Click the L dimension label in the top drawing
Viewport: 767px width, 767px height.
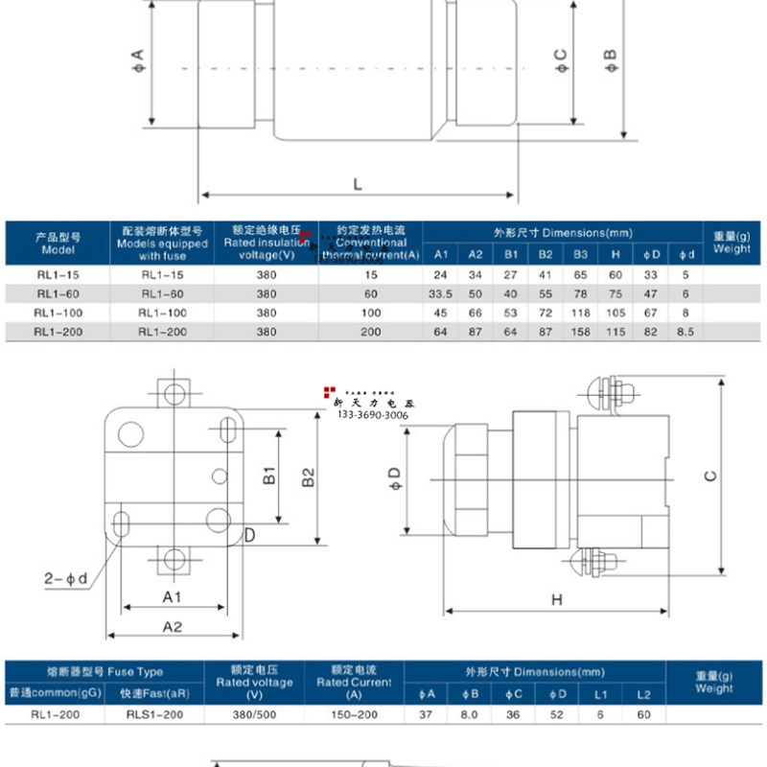(357, 182)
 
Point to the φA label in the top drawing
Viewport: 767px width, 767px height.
(137, 64)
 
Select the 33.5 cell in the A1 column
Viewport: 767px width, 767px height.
(441, 294)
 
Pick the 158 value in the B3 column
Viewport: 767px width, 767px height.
(580, 333)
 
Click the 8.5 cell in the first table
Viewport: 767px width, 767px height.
(686, 333)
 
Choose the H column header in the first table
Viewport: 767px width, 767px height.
(615, 255)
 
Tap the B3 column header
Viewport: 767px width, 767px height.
(580, 255)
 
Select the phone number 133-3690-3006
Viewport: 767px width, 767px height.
(372, 416)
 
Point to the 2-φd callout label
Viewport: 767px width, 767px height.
(65, 578)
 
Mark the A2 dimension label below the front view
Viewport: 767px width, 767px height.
(174, 627)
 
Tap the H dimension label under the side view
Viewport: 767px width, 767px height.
(556, 599)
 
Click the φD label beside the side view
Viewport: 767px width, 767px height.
(392, 478)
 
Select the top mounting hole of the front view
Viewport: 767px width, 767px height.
(174, 393)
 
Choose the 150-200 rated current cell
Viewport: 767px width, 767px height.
(354, 714)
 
